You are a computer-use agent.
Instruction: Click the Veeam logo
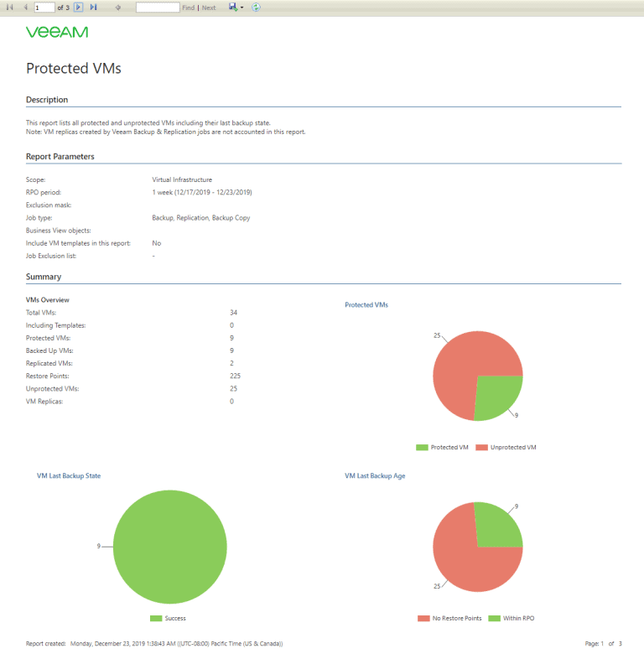57,33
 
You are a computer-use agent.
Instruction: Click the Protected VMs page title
74,69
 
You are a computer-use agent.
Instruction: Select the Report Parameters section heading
60,157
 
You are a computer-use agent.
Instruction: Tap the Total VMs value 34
233,312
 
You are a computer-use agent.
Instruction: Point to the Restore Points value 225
235,376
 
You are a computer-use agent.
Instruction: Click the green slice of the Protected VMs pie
497,394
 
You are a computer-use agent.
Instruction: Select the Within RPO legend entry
515,618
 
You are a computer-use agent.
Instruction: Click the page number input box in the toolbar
44,8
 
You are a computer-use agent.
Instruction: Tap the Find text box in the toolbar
158,8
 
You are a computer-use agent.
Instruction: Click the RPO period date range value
202,192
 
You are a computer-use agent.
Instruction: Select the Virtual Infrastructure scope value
182,179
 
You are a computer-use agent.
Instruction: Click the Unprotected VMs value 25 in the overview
233,388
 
